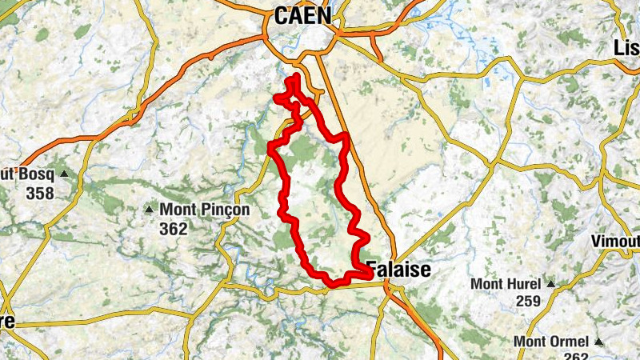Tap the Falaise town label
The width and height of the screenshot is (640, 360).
tap(398, 270)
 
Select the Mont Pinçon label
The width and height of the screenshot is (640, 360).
tap(205, 210)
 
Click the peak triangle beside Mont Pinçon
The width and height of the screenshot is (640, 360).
tap(149, 210)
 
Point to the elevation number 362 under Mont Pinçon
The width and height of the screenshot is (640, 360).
tap(173, 230)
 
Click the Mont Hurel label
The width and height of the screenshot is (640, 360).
tap(506, 284)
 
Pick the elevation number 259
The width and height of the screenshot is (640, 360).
tap(528, 302)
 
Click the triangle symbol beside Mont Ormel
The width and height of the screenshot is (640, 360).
tap(597, 342)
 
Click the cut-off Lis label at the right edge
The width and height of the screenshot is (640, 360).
tap(626, 48)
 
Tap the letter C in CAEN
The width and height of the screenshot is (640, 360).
tap(281, 15)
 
